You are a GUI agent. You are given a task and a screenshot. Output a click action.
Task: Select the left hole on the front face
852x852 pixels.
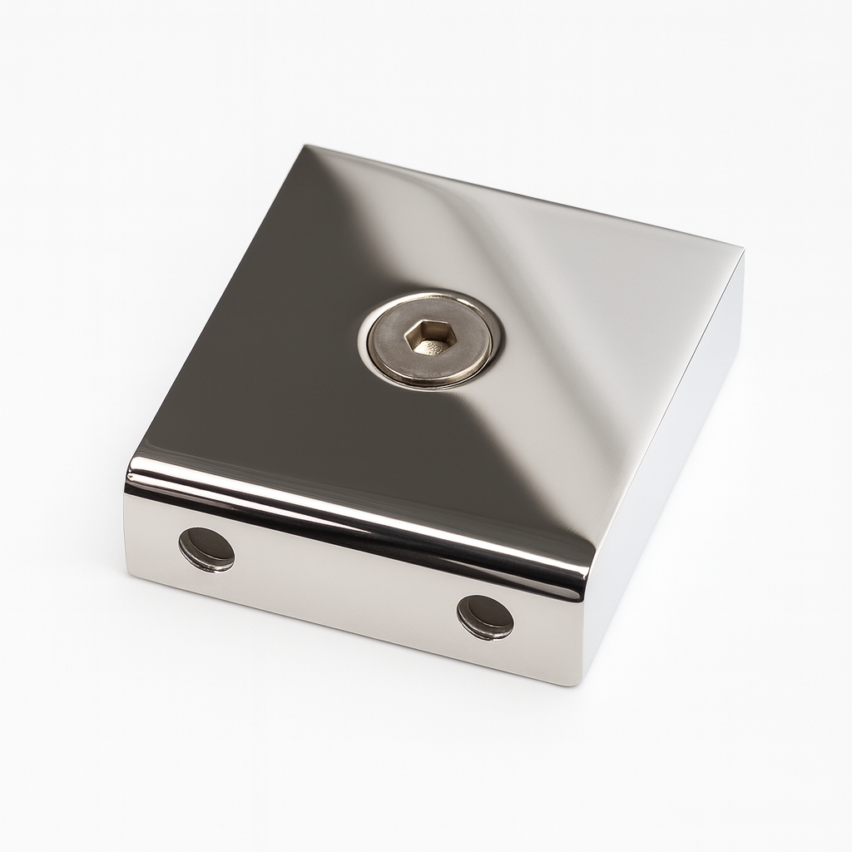pyautogui.click(x=206, y=549)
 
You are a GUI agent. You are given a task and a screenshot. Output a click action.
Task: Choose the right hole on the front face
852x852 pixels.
pyautogui.click(x=486, y=617)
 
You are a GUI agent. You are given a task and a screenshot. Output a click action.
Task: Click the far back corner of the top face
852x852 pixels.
pyautogui.click(x=305, y=147)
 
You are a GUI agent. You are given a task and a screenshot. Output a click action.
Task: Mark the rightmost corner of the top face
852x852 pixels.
pyautogui.click(x=741, y=247)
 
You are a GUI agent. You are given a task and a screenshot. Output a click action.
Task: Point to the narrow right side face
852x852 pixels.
pyautogui.click(x=666, y=466)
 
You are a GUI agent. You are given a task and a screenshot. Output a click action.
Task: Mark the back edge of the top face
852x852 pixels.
pyautogui.click(x=524, y=196)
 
